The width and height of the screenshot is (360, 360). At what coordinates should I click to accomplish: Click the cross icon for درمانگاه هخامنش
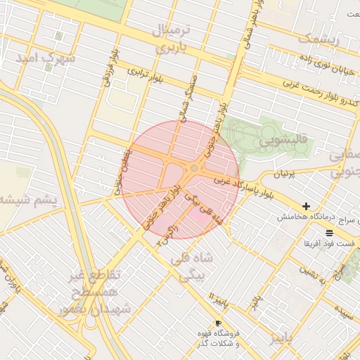306,206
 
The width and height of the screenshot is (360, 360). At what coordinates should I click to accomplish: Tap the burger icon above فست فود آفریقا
329,232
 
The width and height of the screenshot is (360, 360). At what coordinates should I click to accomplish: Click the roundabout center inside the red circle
194,168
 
